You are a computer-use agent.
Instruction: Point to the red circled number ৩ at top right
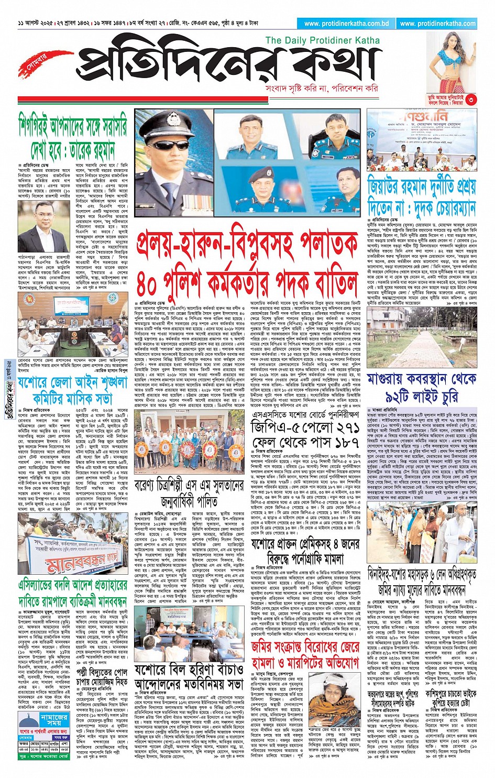(x=471, y=99)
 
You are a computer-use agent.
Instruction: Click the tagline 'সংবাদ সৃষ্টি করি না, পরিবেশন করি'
(x=322, y=89)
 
